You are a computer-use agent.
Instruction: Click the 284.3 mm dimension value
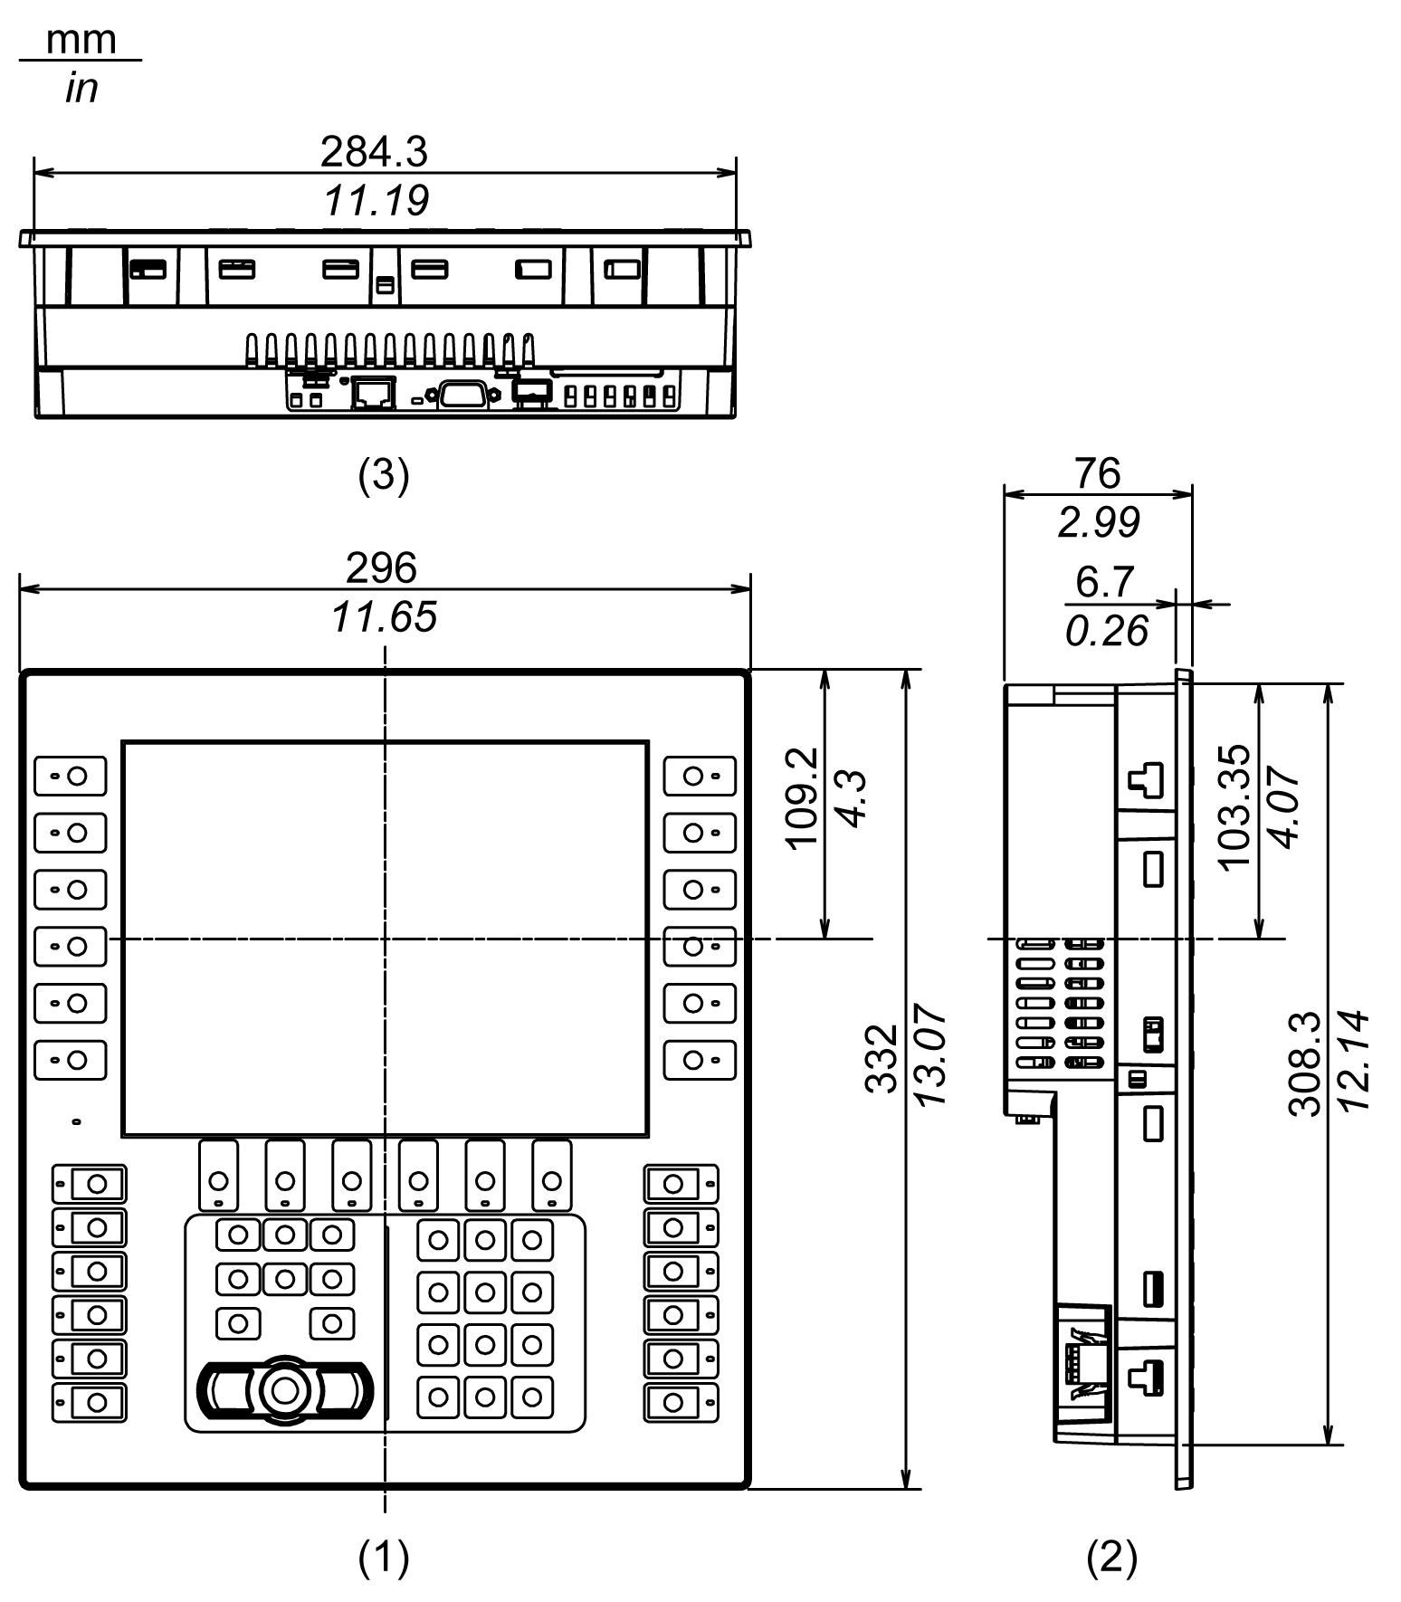click(373, 152)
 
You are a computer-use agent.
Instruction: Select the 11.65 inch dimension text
click(384, 617)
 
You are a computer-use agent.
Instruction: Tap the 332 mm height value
click(881, 1057)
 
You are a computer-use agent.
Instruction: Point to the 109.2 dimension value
click(802, 797)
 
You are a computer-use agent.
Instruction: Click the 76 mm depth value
click(1097, 472)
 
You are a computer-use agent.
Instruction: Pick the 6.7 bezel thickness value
click(1104, 582)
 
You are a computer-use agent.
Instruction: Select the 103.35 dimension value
click(1234, 806)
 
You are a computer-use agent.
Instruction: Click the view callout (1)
click(384, 1557)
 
